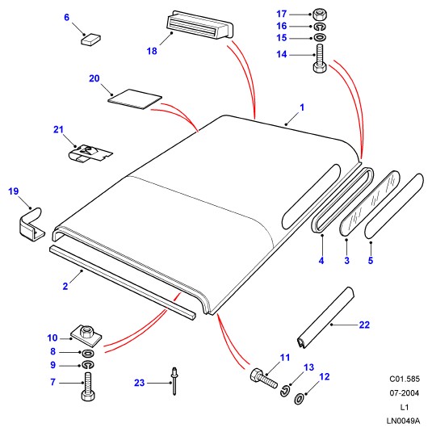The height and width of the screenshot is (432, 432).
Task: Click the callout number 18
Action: coord(152,51)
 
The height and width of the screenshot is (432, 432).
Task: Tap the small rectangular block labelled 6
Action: coord(90,39)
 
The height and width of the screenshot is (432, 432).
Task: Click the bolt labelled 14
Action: coord(320,59)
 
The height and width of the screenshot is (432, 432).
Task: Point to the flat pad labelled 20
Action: coord(134,99)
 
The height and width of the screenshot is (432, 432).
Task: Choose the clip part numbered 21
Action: coord(90,153)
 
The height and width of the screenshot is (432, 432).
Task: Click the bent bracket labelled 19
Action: coord(31,224)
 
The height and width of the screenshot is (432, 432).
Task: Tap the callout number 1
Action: coord(302,107)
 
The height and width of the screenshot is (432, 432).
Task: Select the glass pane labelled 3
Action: coord(370,203)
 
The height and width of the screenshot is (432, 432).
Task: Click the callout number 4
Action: coord(321,260)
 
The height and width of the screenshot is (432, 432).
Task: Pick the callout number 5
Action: coord(371,260)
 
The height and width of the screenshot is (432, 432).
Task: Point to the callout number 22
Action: coord(364,325)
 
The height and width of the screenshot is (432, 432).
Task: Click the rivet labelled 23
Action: coord(174,381)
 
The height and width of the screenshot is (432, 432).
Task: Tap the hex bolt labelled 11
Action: coord(264,378)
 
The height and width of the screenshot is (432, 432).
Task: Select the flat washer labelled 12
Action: coord(299,398)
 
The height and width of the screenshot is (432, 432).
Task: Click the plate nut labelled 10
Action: coord(86,333)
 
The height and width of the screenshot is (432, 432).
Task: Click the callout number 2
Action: coord(65,287)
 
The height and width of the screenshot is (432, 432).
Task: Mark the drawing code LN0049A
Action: coord(403,421)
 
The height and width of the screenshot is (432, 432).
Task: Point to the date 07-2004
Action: coord(405,393)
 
